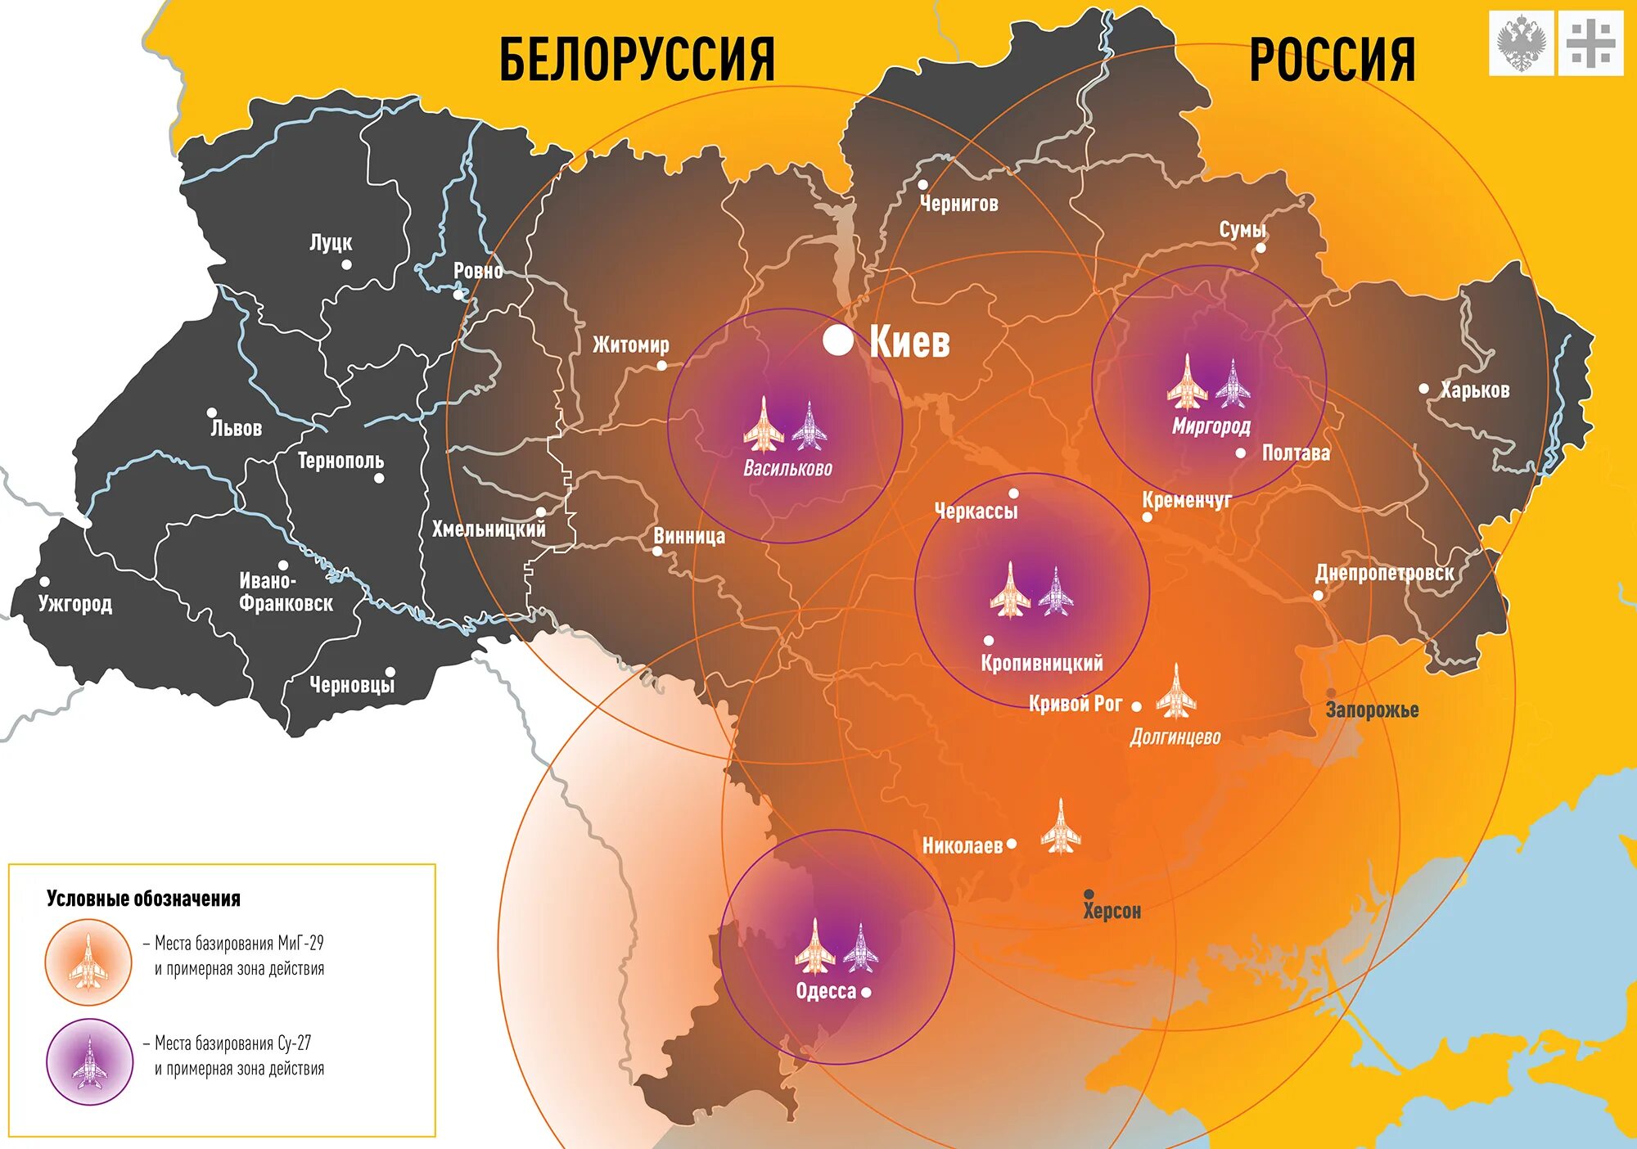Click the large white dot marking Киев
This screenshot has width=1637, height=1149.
tap(837, 340)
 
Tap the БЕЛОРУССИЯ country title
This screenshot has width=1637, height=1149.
tap(636, 59)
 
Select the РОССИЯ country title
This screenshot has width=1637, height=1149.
tap(1332, 59)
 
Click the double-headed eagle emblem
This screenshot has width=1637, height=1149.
tap(1521, 43)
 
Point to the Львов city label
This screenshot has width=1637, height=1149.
tap(236, 429)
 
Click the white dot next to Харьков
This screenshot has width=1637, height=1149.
tap(1424, 388)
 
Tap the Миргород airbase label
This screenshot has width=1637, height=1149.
tap(1211, 426)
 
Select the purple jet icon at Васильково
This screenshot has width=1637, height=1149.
tap(809, 426)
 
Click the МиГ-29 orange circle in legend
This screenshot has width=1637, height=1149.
tap(88, 962)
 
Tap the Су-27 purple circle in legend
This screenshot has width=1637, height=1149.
tap(89, 1061)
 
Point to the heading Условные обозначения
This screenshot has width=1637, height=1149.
tap(143, 899)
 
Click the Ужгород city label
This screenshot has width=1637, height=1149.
tap(74, 604)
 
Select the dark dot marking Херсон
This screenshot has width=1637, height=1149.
tap(1089, 894)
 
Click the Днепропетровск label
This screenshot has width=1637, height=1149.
tap(1384, 573)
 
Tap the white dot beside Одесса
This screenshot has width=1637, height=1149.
tap(866, 992)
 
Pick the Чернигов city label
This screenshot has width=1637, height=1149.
tap(958, 204)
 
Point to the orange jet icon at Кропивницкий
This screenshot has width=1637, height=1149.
tap(1010, 590)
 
